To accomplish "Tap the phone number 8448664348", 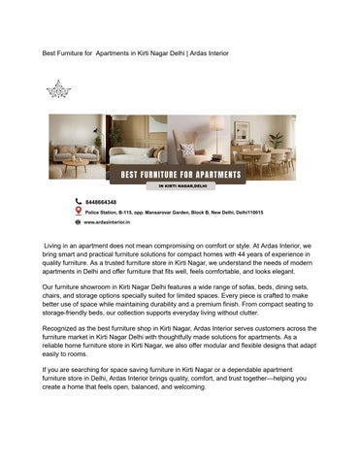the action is coord(101,201).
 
